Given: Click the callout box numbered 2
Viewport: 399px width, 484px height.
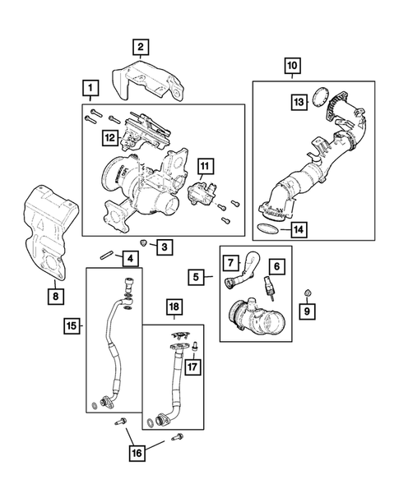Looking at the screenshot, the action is pos(141,47).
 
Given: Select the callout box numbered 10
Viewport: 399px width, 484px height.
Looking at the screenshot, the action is pos(292,66).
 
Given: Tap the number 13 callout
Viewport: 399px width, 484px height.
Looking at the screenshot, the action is pos(299,102).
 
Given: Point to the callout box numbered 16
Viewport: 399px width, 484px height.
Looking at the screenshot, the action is pos(137,453).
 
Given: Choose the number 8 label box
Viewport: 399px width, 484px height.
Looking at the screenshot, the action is pos(56,297).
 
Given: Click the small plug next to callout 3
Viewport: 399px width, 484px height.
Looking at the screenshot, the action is pos(143,242).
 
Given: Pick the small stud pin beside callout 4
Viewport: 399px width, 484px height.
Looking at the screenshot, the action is pos(105,256).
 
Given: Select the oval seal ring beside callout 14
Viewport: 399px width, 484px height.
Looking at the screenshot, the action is pos(267,228).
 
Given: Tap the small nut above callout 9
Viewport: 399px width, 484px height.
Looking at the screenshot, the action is pos(308,292).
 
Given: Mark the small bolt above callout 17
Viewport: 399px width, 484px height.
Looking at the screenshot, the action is pos(195,346).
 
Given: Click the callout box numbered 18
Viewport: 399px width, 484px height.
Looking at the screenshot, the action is pos(174,307).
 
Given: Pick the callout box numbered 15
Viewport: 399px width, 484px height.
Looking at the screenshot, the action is pos(72,325).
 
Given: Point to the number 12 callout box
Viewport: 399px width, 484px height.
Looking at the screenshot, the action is pos(110,138).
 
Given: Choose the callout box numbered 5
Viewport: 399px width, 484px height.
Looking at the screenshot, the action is pos(197,277).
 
